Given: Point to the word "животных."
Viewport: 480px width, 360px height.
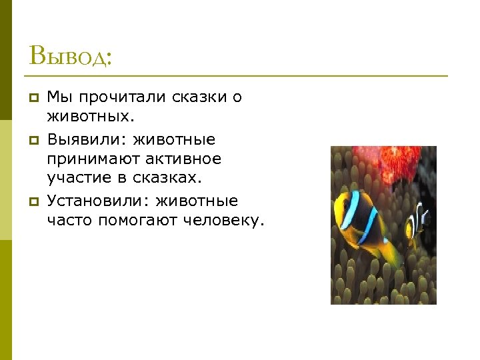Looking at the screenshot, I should [x=91, y=118].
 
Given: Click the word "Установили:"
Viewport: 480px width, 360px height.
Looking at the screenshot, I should [x=100, y=200].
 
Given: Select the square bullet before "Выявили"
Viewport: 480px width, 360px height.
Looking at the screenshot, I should [x=32, y=140].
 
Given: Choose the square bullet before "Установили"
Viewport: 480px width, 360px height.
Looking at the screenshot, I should [x=32, y=201].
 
